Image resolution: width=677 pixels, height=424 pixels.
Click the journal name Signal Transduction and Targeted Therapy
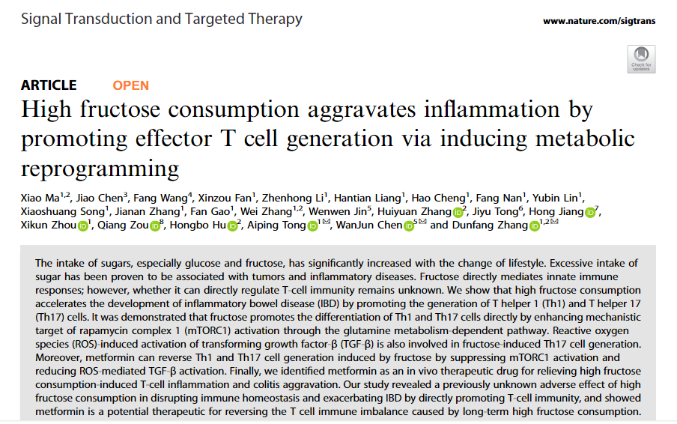[162, 19]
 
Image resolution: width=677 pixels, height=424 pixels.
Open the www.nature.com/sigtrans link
[599, 21]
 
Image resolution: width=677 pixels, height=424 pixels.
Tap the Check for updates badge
[641, 59]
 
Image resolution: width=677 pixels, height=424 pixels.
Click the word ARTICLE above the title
[49, 85]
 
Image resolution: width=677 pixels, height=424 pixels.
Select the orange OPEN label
[130, 85]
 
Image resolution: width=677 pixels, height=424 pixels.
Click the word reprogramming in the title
[100, 167]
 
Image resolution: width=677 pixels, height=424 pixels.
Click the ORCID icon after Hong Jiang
[591, 213]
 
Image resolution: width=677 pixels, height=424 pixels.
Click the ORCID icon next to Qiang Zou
[155, 226]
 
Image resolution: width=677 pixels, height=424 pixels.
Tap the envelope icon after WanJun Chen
[422, 223]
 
